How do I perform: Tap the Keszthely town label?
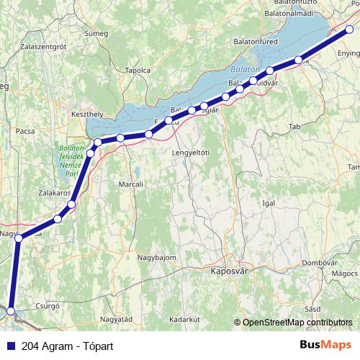pyautogui.click(x=88, y=114)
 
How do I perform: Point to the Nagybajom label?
pyautogui.click(x=156, y=257)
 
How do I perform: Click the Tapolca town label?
pyautogui.click(x=138, y=71)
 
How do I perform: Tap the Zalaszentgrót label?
pyautogui.click(x=44, y=45)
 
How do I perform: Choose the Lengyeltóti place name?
pyautogui.click(x=190, y=153)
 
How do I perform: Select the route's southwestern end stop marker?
pyautogui.click(x=10, y=311)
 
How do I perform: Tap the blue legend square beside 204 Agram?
pyautogui.click(x=8, y=345)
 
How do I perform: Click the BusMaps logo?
pyautogui.click(x=326, y=344)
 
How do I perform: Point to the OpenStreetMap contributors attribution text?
pyautogui.click(x=296, y=323)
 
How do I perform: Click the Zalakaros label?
pyautogui.click(x=53, y=194)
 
